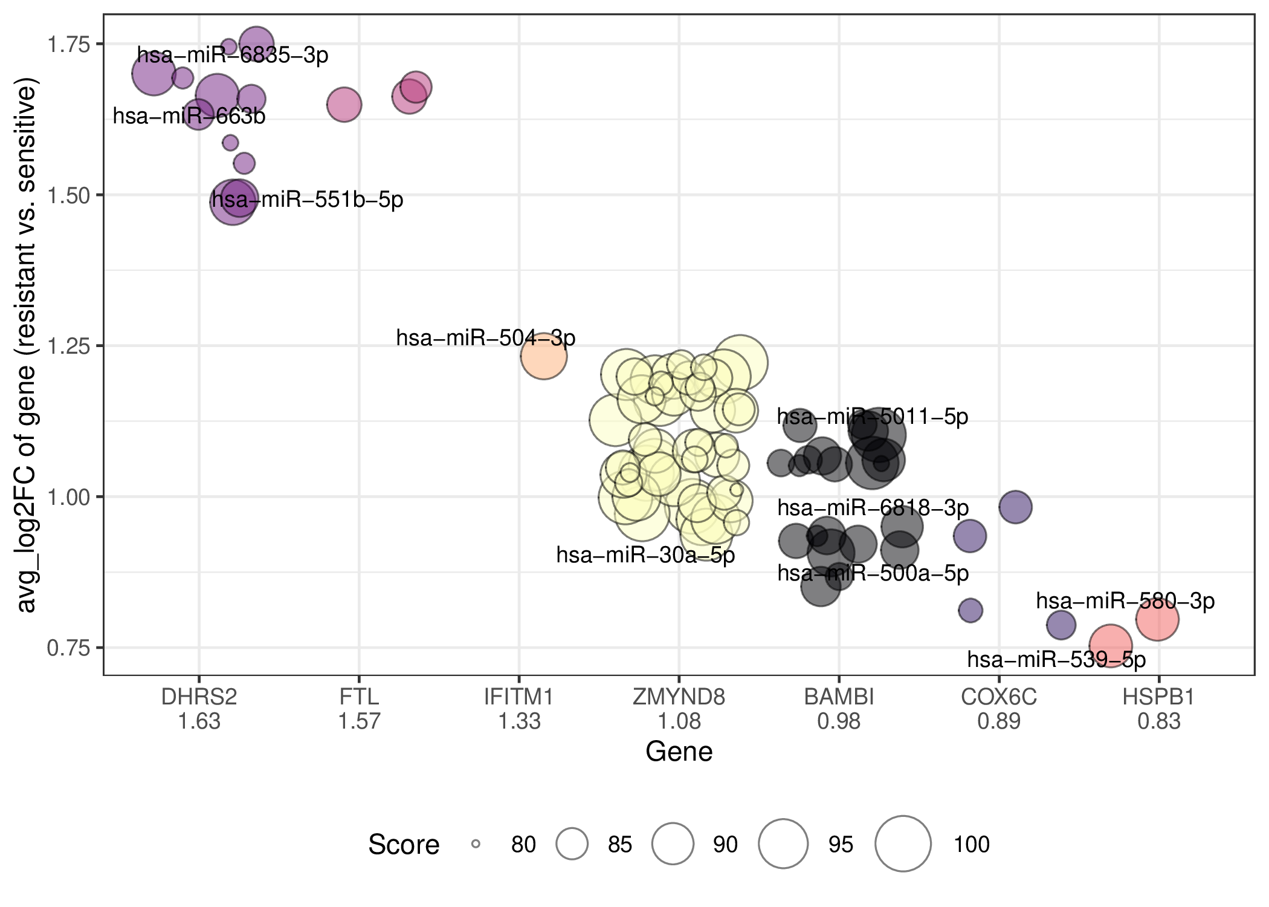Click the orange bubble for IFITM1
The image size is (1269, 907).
click(544, 356)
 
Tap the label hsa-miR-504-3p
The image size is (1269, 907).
click(486, 337)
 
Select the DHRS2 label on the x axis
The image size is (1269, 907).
click(199, 697)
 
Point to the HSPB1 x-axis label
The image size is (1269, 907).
click(1158, 697)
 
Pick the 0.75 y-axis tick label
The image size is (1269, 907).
click(68, 648)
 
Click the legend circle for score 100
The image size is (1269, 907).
click(903, 844)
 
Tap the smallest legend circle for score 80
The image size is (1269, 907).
click(476, 844)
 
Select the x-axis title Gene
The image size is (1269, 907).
click(679, 752)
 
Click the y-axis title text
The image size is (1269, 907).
click(26, 345)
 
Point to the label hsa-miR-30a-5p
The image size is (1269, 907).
click(645, 554)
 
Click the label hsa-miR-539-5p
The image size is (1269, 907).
click(1056, 659)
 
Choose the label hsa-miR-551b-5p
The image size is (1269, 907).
click(307, 199)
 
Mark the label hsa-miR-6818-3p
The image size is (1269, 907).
click(873, 507)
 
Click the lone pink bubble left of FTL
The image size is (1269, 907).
click(344, 105)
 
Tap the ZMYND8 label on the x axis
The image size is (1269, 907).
click(679, 697)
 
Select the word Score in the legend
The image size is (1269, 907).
click(404, 844)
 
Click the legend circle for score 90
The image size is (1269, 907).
click(673, 844)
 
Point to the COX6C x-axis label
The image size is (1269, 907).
click(999, 697)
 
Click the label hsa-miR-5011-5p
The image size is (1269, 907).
click(873, 416)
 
